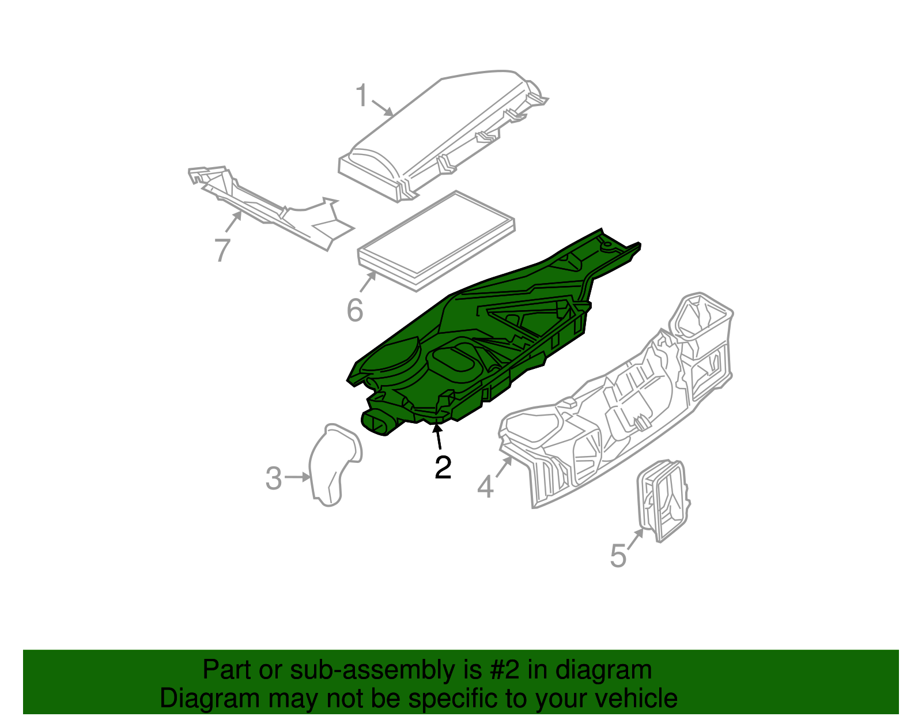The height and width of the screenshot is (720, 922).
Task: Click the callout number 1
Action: coord(361,96)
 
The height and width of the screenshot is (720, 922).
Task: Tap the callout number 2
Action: coord(443,468)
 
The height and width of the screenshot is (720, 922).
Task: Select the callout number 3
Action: coord(274,478)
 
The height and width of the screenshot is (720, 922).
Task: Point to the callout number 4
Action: coord(485,487)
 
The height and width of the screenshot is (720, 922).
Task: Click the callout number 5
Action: coord(618,556)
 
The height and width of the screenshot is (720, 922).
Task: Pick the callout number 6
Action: coord(355,311)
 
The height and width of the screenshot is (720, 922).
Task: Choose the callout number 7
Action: coord(222,250)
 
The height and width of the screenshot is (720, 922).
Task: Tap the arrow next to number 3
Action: coord(298,477)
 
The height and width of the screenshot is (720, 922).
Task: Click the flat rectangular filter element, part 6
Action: coord(436,239)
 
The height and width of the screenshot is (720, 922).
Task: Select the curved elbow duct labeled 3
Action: coord(334,464)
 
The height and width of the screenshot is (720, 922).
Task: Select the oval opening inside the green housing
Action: coord(455,363)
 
